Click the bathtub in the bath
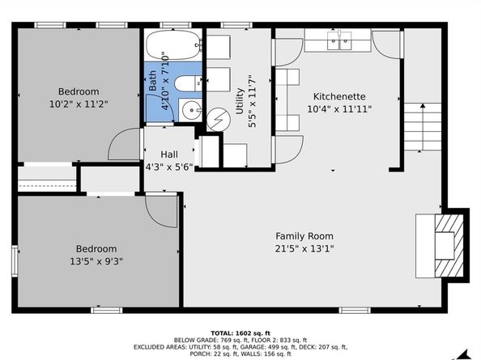(173, 44)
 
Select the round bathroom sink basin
(191, 110)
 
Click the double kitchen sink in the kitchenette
(339, 40)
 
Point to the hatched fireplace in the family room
(449, 246)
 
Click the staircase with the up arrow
(423, 127)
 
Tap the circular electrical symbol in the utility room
(219, 120)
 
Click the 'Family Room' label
(304, 236)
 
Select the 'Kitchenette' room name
(339, 96)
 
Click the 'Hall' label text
(169, 155)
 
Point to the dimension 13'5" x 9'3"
(96, 261)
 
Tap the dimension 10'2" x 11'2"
(79, 104)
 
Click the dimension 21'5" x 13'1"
(304, 248)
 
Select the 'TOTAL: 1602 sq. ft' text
(240, 333)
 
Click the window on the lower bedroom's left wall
(15, 260)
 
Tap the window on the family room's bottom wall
(355, 311)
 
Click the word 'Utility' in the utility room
(240, 101)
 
